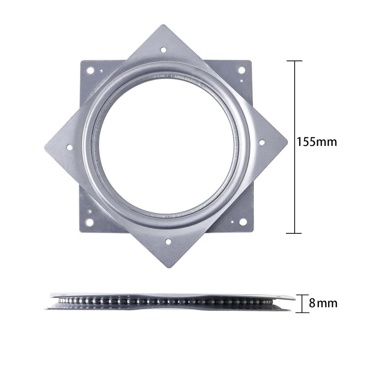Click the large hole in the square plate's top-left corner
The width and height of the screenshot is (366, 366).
91,70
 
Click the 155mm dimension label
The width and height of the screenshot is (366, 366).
317,142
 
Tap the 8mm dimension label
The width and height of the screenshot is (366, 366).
323,303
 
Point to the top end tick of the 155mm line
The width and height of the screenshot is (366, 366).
294,61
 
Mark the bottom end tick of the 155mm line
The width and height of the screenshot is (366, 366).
294,233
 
